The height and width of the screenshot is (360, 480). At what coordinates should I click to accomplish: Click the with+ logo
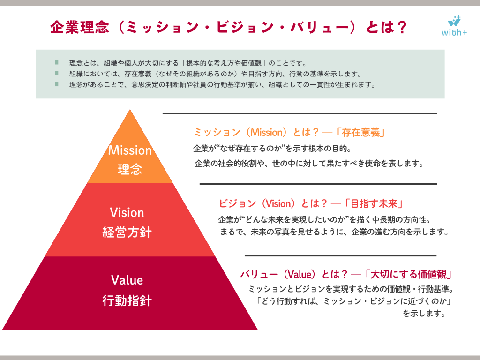pyautogui.click(x=454, y=26)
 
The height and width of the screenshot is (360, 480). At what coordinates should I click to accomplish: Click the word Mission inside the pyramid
pyautogui.click(x=130, y=150)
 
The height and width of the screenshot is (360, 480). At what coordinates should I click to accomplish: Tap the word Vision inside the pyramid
pyautogui.click(x=127, y=212)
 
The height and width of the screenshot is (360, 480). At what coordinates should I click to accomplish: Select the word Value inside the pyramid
pyautogui.click(x=127, y=280)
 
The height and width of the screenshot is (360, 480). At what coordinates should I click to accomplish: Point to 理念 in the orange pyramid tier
pyautogui.click(x=130, y=169)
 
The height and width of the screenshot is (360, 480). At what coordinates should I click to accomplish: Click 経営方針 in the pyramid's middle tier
pyautogui.click(x=127, y=232)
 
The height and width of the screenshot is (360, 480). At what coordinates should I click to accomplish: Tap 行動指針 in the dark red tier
pyautogui.click(x=127, y=300)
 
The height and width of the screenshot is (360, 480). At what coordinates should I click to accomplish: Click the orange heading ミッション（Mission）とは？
pyautogui.click(x=256, y=132)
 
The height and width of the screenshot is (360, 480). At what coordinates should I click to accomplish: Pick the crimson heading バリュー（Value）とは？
pyautogui.click(x=294, y=274)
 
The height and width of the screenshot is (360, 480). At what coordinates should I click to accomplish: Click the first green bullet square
pyautogui.click(x=57, y=62)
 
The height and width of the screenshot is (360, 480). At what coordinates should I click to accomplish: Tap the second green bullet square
pyautogui.click(x=57, y=73)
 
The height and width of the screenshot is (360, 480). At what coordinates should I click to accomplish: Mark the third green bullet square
pyautogui.click(x=57, y=84)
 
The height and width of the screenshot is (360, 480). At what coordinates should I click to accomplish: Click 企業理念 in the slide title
pyautogui.click(x=80, y=27)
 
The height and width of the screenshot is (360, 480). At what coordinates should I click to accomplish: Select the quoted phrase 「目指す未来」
pyautogui.click(x=374, y=203)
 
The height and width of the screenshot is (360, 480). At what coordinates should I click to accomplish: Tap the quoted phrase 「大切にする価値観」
pyautogui.click(x=408, y=274)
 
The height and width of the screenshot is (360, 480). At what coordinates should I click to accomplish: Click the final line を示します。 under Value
pyautogui.click(x=424, y=314)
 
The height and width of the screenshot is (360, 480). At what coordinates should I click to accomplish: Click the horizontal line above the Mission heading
pyautogui.click(x=300, y=113)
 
